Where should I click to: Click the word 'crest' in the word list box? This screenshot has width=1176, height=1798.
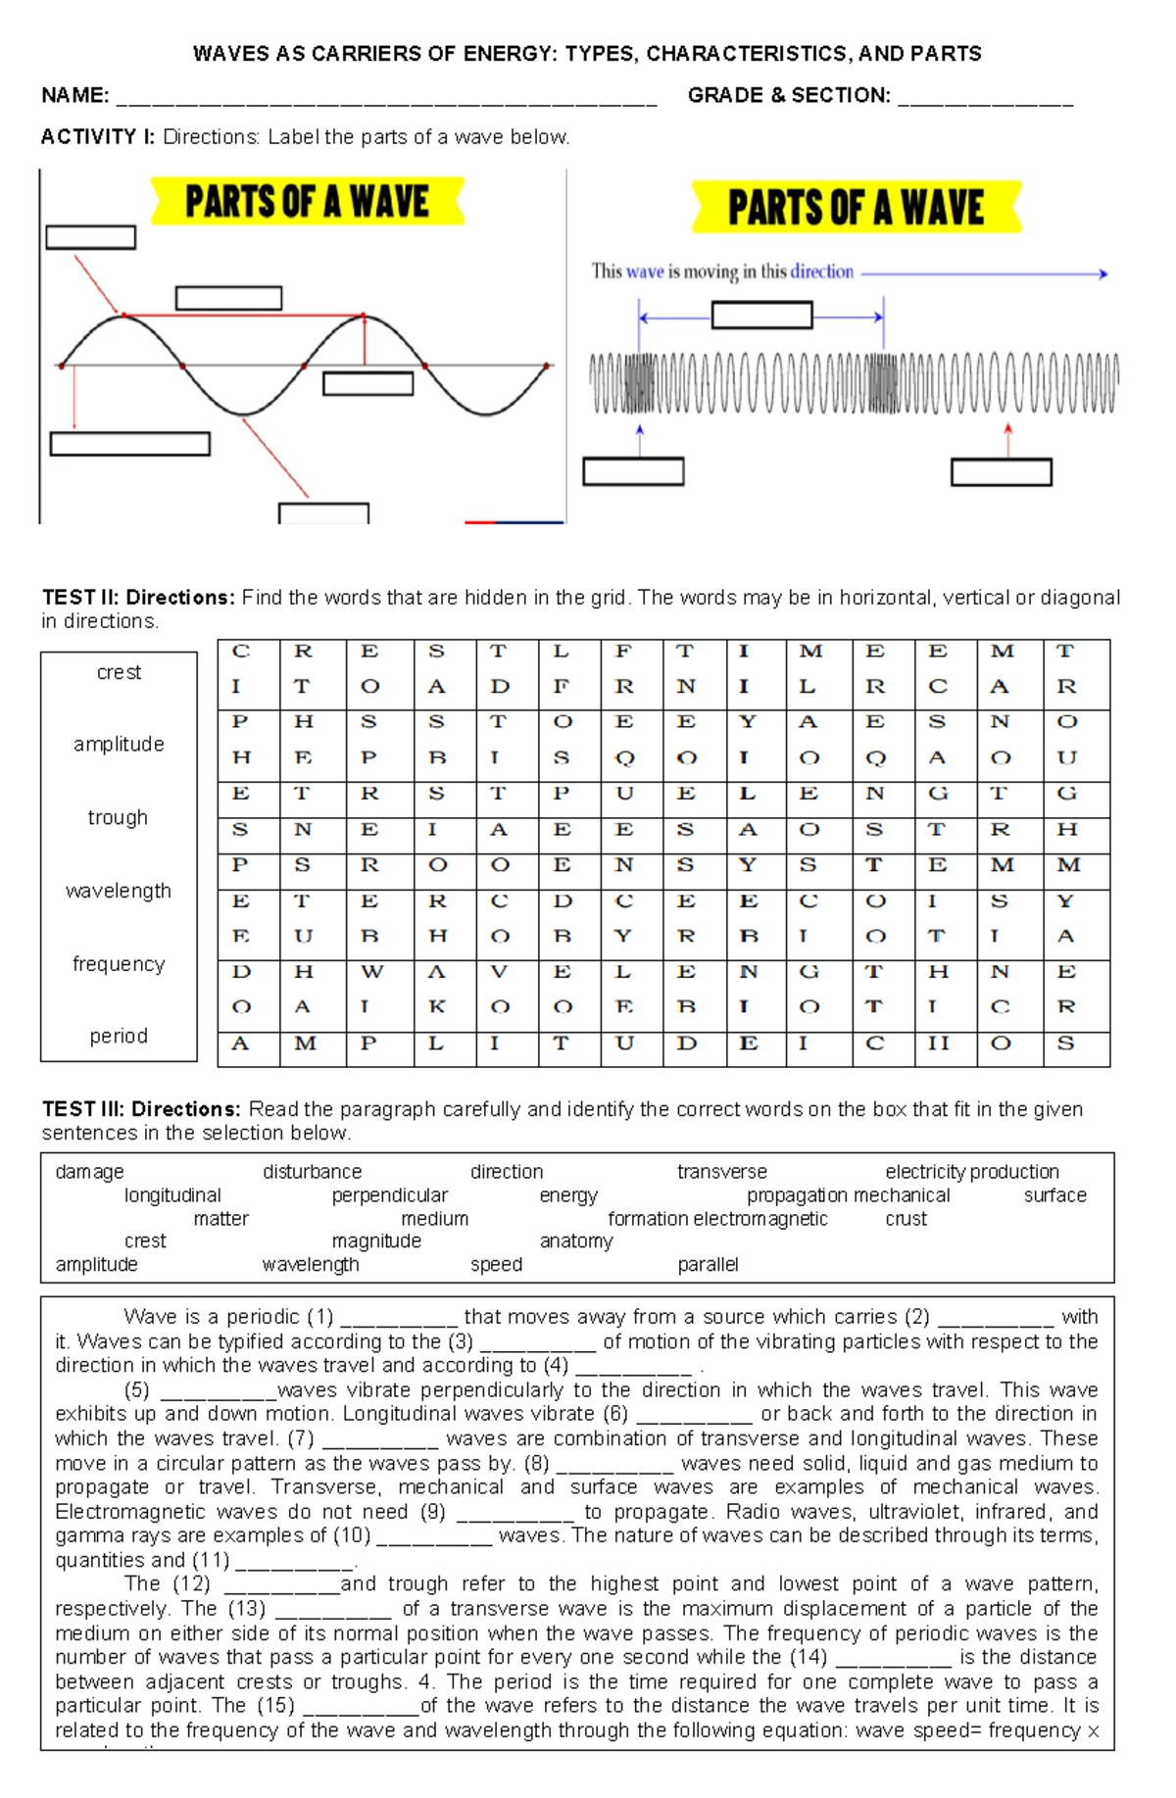click(x=119, y=672)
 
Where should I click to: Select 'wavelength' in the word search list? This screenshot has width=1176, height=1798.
click(x=118, y=891)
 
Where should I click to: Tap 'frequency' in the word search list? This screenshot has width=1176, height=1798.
click(x=119, y=963)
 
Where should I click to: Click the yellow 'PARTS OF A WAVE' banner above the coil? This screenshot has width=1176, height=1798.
click(x=856, y=208)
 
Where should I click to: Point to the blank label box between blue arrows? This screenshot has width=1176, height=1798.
click(x=761, y=316)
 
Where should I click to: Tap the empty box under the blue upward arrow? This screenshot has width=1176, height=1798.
click(x=633, y=471)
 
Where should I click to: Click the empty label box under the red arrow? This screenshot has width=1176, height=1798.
click(x=1001, y=472)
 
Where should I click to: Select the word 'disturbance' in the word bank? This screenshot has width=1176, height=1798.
click(x=312, y=1172)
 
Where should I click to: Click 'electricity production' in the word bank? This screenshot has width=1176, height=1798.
click(x=971, y=1172)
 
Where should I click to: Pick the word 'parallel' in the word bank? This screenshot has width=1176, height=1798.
click(x=708, y=1265)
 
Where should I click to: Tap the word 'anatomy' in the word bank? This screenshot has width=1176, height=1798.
click(x=576, y=1241)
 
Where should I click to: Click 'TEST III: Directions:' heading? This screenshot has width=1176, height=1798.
click(x=141, y=1109)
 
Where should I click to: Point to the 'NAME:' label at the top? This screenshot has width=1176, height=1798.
click(x=74, y=96)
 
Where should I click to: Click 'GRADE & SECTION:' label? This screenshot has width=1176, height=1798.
click(x=789, y=96)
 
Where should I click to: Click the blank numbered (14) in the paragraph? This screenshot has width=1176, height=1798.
click(x=893, y=1659)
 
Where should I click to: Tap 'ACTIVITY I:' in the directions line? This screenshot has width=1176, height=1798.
click(x=97, y=137)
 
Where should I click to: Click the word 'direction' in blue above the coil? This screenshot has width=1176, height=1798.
click(x=821, y=271)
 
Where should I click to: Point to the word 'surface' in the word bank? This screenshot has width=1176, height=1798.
click(x=1054, y=1195)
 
